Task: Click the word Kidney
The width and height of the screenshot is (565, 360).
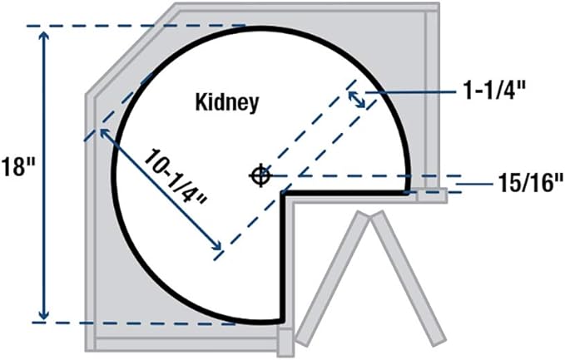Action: pyautogui.click(x=227, y=102)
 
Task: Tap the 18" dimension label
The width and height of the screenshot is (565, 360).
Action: pyautogui.click(x=17, y=166)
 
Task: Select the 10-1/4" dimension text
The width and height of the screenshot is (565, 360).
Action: pyautogui.click(x=175, y=176)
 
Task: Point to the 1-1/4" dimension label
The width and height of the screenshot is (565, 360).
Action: pyautogui.click(x=495, y=91)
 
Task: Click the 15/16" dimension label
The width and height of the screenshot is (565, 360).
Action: pyautogui.click(x=531, y=183)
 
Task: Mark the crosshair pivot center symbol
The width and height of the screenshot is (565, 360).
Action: pyautogui.click(x=260, y=175)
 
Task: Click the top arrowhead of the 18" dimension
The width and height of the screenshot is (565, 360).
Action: pyautogui.click(x=44, y=37)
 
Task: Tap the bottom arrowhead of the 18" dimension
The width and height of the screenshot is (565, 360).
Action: pyautogui.click(x=44, y=314)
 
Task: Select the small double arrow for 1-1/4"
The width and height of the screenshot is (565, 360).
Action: pyautogui.click(x=356, y=100)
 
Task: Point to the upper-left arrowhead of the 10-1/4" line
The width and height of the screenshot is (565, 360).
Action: pyautogui.click(x=105, y=133)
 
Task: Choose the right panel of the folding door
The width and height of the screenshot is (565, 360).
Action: pyautogui.click(x=409, y=279)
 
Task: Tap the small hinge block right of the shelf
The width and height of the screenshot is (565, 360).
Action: pyautogui.click(x=433, y=195)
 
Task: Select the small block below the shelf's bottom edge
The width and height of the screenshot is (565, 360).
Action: pyautogui.click(x=287, y=343)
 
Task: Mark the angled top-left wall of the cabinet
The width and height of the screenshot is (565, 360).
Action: pyautogui.click(x=131, y=49)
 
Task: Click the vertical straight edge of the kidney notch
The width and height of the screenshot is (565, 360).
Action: pyautogui.click(x=283, y=257)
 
